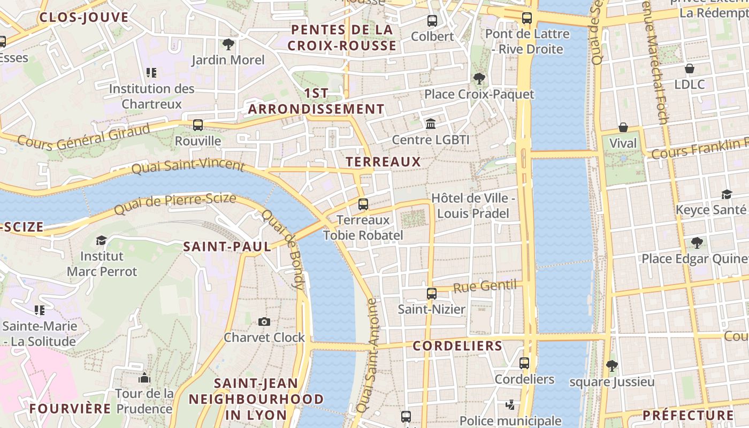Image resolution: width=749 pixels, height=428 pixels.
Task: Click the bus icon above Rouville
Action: (198, 125)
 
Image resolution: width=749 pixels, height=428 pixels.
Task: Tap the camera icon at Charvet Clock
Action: (264, 322)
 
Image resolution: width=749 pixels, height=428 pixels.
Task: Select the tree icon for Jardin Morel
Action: (228, 44)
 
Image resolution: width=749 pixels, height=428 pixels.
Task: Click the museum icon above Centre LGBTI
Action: (430, 124)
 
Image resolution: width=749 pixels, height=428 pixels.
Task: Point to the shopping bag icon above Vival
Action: (623, 127)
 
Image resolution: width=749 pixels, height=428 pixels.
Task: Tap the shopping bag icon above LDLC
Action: (690, 68)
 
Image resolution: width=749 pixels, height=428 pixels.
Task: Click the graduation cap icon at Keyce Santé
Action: (727, 194)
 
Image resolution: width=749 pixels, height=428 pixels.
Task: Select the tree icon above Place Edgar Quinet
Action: (697, 243)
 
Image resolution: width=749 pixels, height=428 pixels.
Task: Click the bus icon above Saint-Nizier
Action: (432, 293)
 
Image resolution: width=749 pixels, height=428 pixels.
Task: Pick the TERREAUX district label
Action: (383, 162)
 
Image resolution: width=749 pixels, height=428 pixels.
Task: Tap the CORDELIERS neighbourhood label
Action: (457, 346)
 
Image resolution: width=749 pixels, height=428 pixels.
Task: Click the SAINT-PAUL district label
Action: (227, 247)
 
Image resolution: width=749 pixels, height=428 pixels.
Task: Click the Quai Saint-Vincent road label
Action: (188, 166)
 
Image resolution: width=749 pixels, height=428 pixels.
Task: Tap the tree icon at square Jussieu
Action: (612, 366)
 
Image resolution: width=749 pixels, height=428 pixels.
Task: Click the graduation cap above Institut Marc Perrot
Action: (101, 241)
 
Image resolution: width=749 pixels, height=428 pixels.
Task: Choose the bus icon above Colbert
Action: (432, 21)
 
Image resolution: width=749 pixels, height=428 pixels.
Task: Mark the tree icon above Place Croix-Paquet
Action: (479, 79)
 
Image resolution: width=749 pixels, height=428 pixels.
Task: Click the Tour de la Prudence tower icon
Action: (144, 378)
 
